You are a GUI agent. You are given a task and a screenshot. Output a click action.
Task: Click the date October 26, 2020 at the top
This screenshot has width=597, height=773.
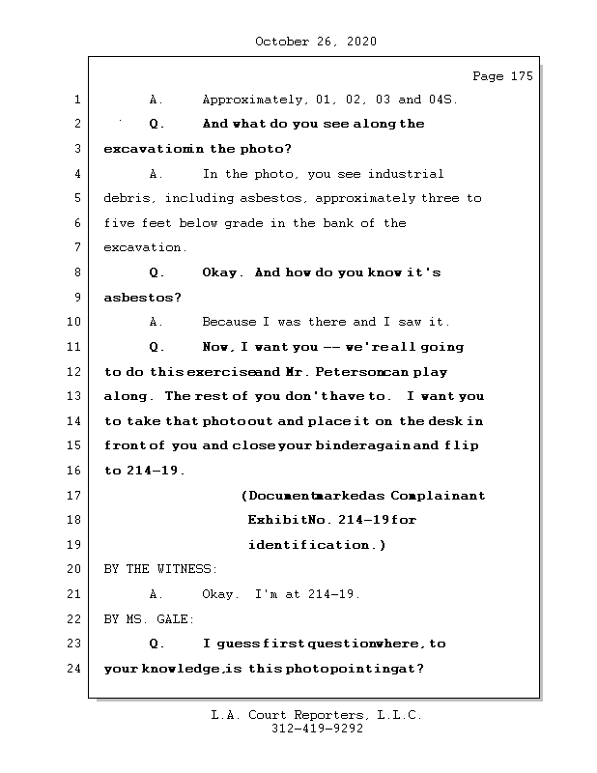[x=316, y=42]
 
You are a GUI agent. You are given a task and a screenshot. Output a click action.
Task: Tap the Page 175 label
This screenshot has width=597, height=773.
[x=501, y=76]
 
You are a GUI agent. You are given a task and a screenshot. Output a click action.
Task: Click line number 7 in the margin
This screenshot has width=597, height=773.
[x=76, y=247]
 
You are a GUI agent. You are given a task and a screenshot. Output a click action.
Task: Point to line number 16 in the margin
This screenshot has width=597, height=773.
[x=73, y=471]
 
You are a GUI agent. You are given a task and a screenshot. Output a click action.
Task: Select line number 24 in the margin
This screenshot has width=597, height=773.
[x=73, y=669]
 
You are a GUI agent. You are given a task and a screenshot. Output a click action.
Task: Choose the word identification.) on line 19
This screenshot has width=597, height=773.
[x=317, y=545]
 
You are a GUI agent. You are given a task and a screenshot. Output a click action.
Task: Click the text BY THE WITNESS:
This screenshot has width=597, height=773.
[x=160, y=570]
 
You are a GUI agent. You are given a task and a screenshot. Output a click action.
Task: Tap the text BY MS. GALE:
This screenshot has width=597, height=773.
[x=149, y=619]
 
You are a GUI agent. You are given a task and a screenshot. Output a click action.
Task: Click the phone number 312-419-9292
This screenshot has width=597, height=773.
[x=317, y=730]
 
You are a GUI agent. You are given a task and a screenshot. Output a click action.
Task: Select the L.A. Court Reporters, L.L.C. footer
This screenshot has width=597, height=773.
[x=317, y=716]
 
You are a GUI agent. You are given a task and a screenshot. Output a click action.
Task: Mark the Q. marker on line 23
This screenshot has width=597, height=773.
[x=157, y=644]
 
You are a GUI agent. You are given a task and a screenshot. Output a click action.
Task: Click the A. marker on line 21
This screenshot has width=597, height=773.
[x=156, y=594]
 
